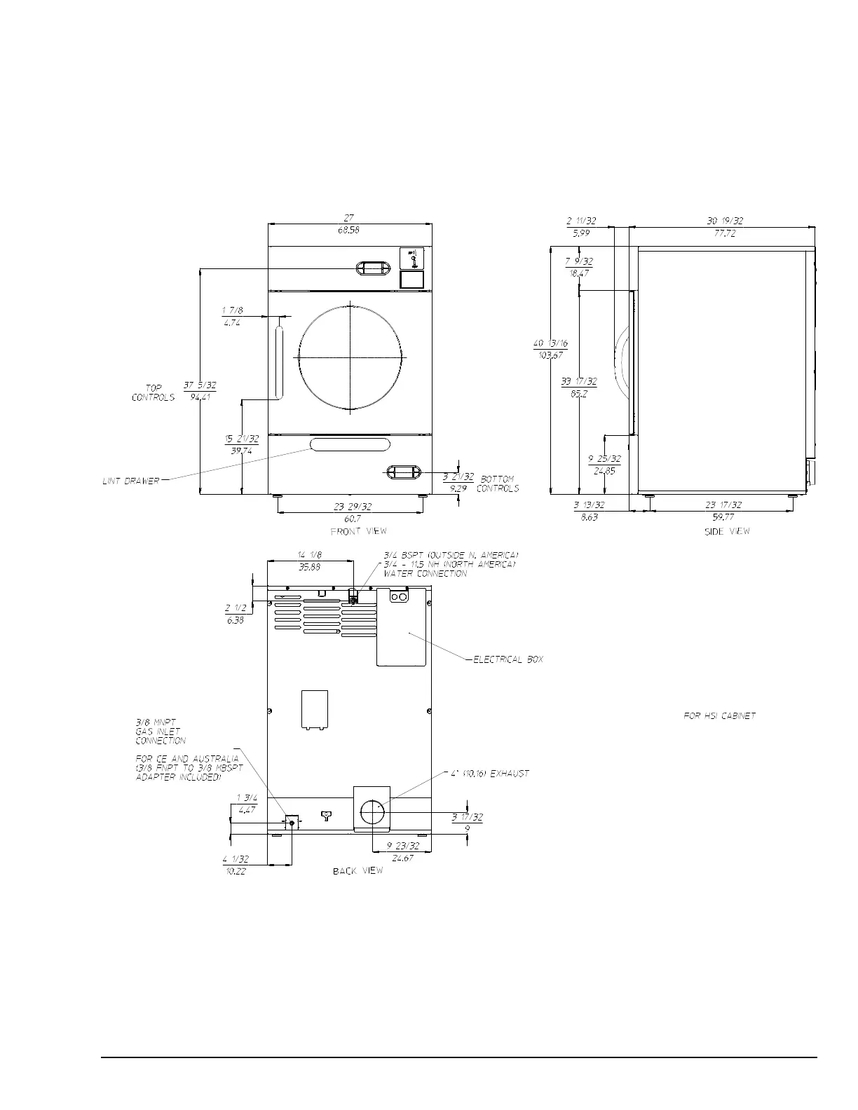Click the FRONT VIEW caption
[358, 531]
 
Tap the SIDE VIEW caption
[727, 531]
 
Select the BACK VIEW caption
[357, 870]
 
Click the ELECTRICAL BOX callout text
[508, 659]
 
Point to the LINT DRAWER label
[131, 481]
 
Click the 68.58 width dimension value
[348, 230]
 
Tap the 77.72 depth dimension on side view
[725, 233]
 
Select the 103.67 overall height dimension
[550, 355]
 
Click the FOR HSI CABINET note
[719, 715]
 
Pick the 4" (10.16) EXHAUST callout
[490, 774]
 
